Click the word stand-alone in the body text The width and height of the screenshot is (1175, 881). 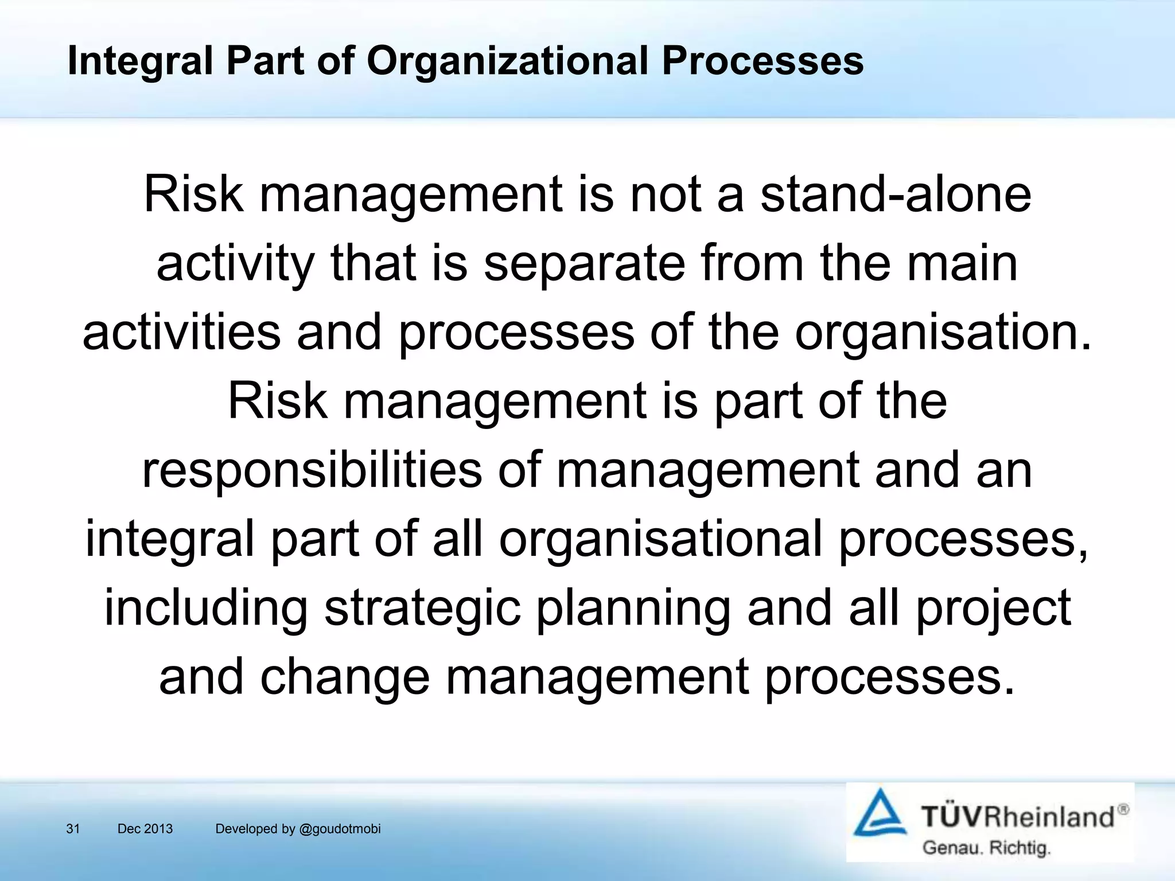coord(896,194)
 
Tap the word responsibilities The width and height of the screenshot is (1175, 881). coord(312,470)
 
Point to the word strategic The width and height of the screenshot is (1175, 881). coord(422,608)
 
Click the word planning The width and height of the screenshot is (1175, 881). coord(633,608)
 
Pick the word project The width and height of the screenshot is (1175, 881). coord(993,608)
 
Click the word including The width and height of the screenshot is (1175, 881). coord(206,608)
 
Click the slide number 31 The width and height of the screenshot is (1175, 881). coord(73,829)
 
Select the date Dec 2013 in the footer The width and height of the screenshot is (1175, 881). coord(145,829)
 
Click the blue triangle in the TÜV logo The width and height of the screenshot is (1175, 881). coord(880,814)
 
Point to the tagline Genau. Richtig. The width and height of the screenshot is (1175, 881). coord(986,848)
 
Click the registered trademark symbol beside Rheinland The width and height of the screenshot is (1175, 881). coord(1123,809)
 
